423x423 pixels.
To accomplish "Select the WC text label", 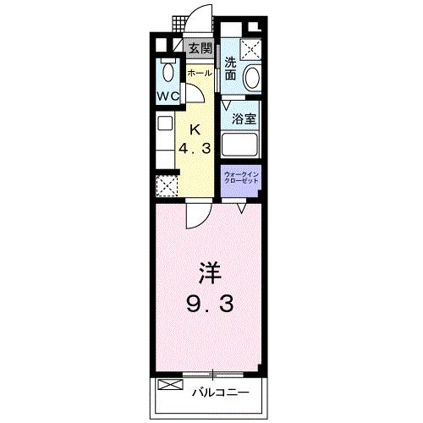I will tap(166, 96).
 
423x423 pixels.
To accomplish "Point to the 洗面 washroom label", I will tap(231, 68).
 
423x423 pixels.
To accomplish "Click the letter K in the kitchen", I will tap(195, 129).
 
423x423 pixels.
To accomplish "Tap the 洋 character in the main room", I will tap(209, 272).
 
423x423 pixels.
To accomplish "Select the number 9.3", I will tap(210, 303).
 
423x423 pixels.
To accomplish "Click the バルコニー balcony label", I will tap(218, 393).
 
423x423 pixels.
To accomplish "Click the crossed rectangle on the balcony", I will tap(169, 386).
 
